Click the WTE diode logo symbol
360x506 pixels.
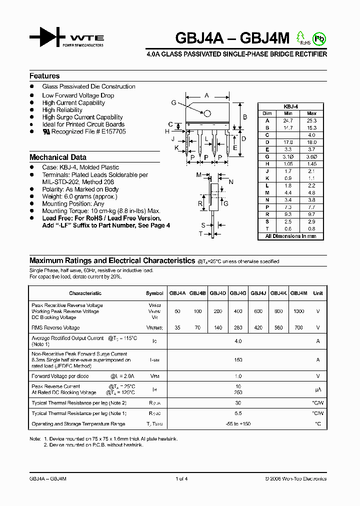(x=47, y=37)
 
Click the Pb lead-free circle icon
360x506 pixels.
(x=317, y=38)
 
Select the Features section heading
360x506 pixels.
(x=44, y=76)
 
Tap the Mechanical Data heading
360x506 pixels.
(x=57, y=157)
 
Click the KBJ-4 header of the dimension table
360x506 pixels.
(x=290, y=106)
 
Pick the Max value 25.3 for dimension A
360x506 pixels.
(x=312, y=120)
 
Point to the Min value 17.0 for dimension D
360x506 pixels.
(x=288, y=142)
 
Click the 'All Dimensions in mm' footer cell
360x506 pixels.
(x=290, y=236)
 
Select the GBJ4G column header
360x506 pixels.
(x=238, y=293)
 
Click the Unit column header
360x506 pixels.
(x=318, y=293)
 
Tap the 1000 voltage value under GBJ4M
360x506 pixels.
(x=298, y=311)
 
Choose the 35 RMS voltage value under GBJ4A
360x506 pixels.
(x=177, y=328)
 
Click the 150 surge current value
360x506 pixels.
(x=238, y=359)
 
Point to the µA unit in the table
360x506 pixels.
(x=318, y=389)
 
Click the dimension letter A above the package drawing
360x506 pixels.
(x=207, y=95)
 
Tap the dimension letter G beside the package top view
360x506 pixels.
(x=173, y=103)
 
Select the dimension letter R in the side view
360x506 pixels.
(x=199, y=203)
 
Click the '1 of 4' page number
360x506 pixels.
(x=181, y=478)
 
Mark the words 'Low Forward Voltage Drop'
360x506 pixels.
(x=78, y=95)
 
